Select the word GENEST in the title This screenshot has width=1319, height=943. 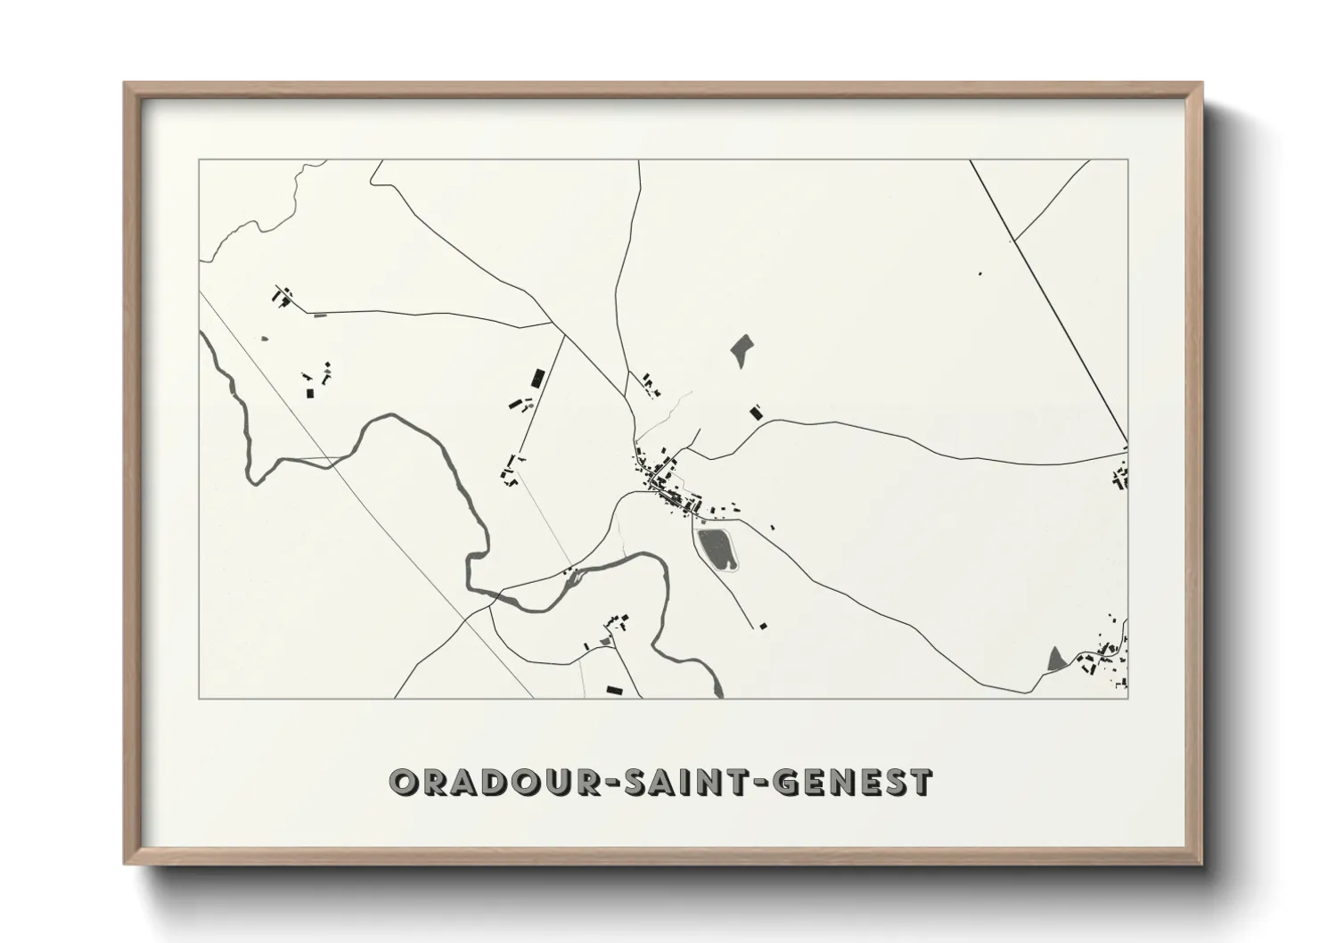[854, 783]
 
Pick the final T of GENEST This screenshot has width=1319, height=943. [921, 783]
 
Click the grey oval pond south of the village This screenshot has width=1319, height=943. [716, 547]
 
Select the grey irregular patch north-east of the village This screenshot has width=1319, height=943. [741, 349]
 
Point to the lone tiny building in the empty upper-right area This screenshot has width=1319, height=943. [979, 273]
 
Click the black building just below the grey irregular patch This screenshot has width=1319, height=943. [756, 412]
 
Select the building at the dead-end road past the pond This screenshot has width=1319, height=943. [762, 627]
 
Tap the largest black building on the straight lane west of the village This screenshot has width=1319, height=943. [537, 378]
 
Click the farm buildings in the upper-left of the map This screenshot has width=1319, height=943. [283, 296]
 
